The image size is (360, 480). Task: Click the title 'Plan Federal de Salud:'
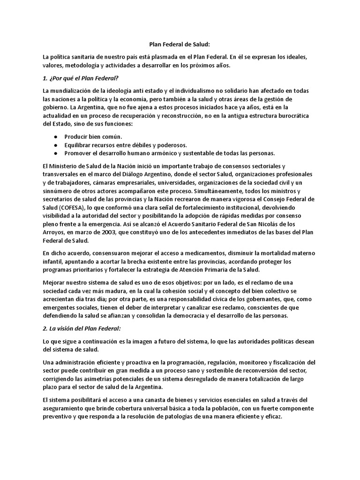[180, 45]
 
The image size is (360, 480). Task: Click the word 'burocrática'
[295, 115]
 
